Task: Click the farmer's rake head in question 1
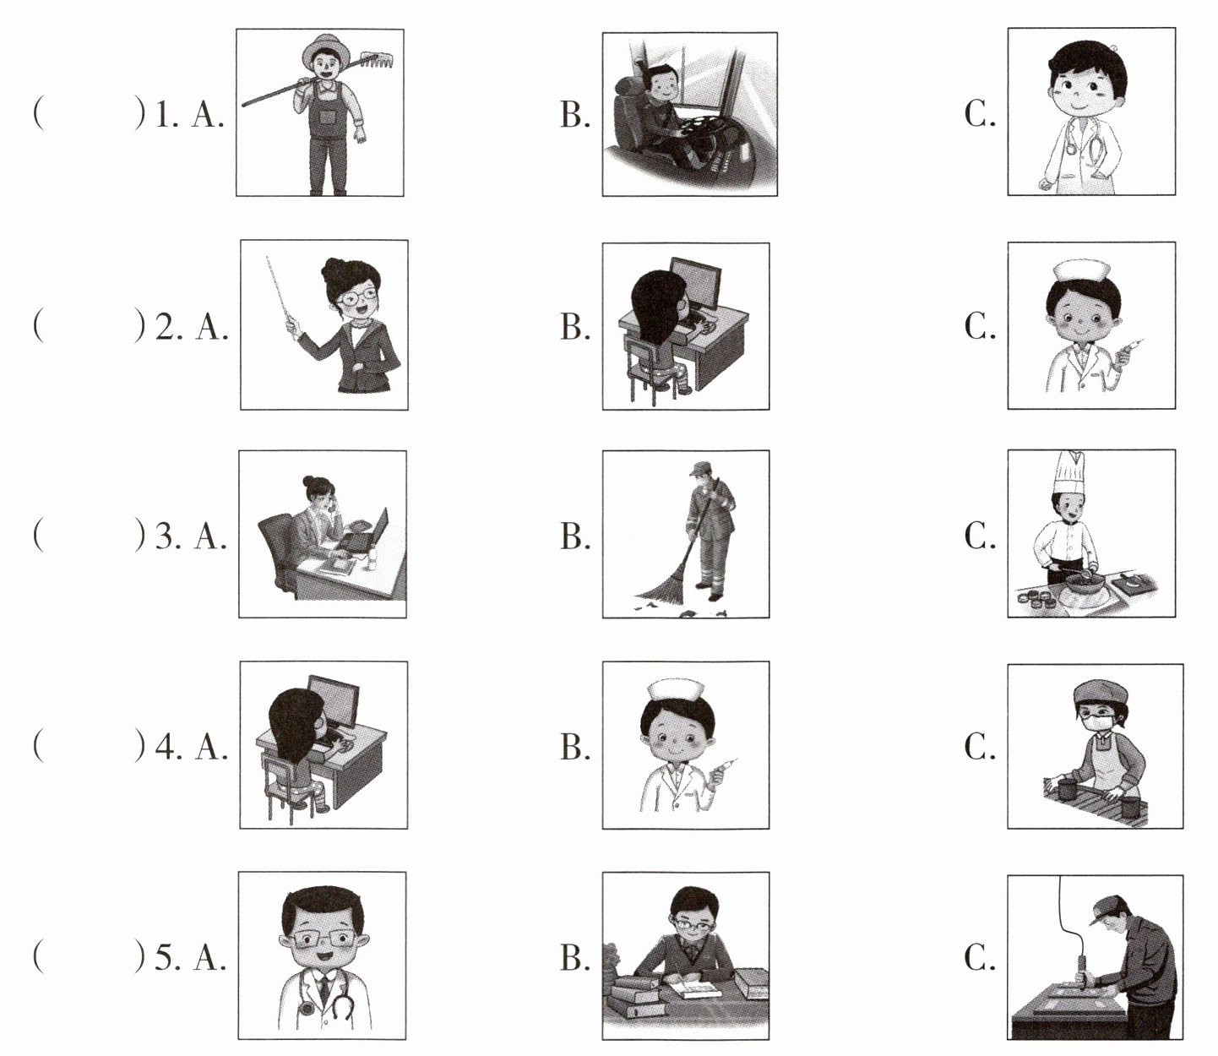click(x=374, y=60)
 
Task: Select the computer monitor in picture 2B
click(x=695, y=286)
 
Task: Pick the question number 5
click(x=165, y=957)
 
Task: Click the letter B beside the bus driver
click(x=574, y=114)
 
